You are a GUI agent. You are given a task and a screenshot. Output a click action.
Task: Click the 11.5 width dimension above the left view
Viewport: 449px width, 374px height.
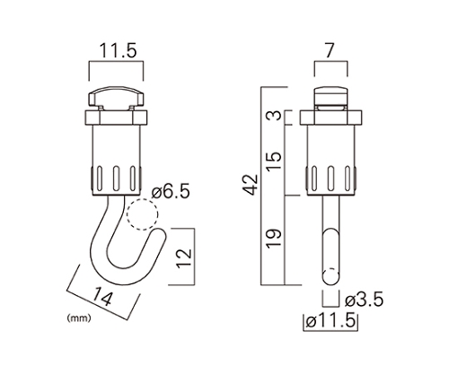click(x=118, y=50)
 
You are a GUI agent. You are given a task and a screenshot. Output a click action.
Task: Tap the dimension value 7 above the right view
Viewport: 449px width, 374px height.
click(x=330, y=50)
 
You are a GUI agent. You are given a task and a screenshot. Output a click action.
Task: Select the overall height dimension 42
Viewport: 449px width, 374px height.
click(x=250, y=185)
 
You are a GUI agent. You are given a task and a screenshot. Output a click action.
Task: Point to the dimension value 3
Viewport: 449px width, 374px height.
click(x=275, y=115)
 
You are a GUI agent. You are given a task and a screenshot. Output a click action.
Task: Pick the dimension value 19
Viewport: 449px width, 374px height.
click(x=274, y=239)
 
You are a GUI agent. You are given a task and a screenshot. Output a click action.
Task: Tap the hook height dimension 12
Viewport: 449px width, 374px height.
click(x=183, y=258)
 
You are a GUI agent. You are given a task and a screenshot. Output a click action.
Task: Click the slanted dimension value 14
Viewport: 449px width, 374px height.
click(x=102, y=297)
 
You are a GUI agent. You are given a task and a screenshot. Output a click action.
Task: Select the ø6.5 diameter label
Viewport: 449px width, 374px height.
click(x=171, y=191)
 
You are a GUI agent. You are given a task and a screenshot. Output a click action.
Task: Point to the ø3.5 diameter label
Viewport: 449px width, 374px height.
click(x=364, y=300)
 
